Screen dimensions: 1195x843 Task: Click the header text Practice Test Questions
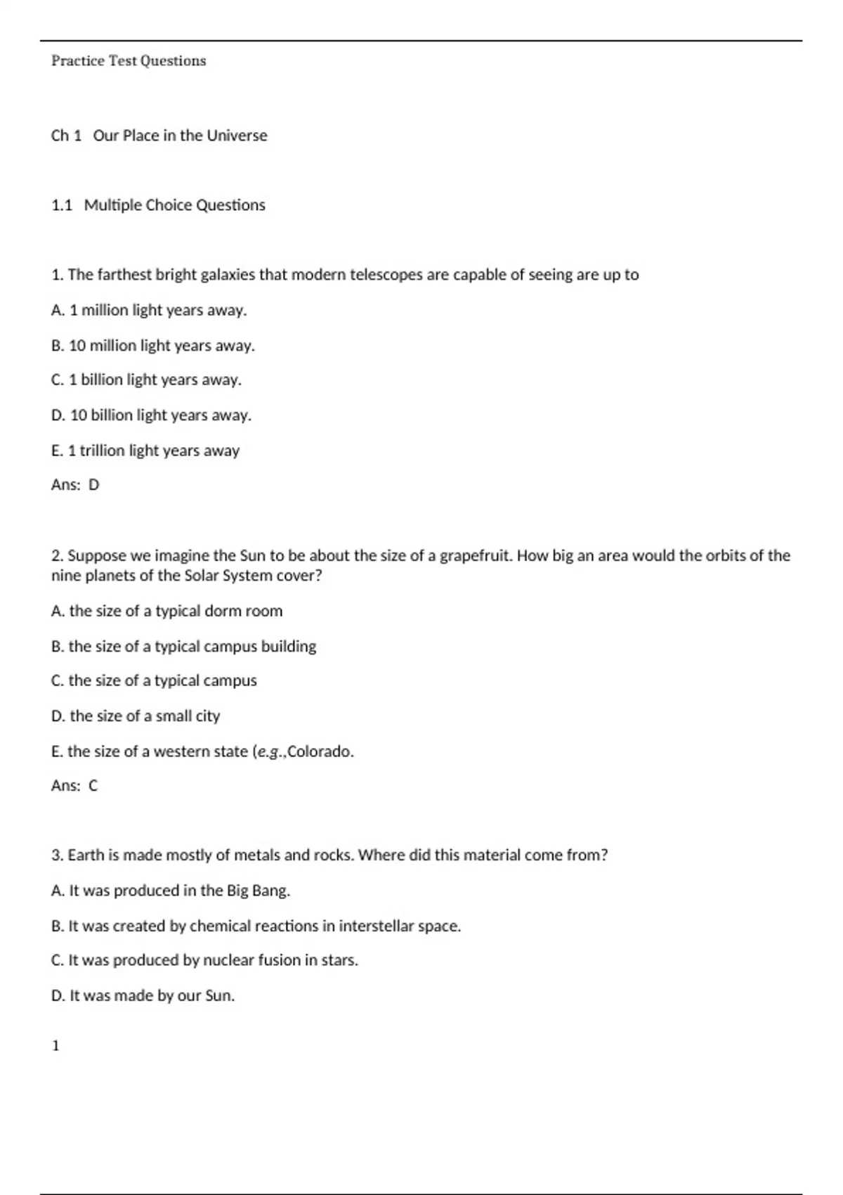click(x=129, y=61)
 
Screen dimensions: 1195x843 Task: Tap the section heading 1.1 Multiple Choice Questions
click(x=158, y=205)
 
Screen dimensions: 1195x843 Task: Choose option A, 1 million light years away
click(x=149, y=310)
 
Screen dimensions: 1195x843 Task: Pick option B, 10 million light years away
click(x=152, y=346)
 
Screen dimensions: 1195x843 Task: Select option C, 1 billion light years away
click(x=146, y=380)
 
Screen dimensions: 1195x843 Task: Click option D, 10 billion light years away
click(x=151, y=415)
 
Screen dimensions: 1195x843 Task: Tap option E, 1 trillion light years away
click(x=145, y=451)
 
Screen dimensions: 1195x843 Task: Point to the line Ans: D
click(x=75, y=485)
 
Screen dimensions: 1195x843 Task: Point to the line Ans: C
click(x=74, y=786)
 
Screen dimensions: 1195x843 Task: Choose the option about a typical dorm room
click(x=166, y=611)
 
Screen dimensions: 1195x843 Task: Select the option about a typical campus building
click(x=183, y=646)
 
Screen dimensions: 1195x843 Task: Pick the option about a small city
click(x=136, y=716)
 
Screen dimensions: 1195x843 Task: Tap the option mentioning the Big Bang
click(x=171, y=891)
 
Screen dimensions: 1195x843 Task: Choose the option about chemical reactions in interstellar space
click(x=256, y=926)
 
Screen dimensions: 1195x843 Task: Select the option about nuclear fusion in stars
click(x=204, y=960)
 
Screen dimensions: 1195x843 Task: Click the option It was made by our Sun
click(x=143, y=995)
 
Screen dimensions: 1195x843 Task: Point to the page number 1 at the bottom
click(x=55, y=1046)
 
